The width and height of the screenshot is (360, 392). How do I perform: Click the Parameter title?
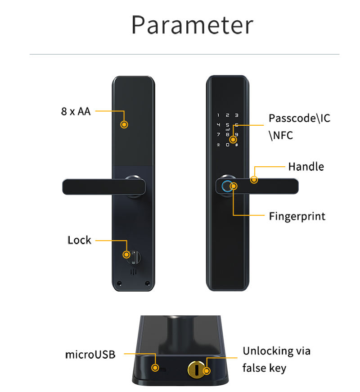coord(192,25)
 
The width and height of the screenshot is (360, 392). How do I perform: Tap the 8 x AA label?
coord(76,111)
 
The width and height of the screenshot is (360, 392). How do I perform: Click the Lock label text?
coord(79,240)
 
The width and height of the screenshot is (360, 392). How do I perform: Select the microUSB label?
coord(90,355)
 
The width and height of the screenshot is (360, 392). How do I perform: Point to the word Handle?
coord(306,167)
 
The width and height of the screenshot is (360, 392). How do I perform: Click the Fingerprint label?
coord(297,216)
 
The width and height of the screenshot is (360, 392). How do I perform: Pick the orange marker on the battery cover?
coord(125,124)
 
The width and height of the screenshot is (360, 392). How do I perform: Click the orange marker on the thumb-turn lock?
coord(127,255)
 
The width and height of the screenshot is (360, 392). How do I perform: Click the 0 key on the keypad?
coord(228,145)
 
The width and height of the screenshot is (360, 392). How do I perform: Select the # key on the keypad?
coord(237,145)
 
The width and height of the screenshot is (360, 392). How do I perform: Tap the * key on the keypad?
coord(218,145)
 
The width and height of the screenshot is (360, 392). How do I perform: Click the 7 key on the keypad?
coord(218,134)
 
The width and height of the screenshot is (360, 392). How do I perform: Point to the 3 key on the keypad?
coord(237,115)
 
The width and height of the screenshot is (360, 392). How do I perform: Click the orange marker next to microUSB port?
coord(156,368)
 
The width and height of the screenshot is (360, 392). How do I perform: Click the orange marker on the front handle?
coord(254,180)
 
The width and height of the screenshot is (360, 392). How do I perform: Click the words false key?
coord(264,368)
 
